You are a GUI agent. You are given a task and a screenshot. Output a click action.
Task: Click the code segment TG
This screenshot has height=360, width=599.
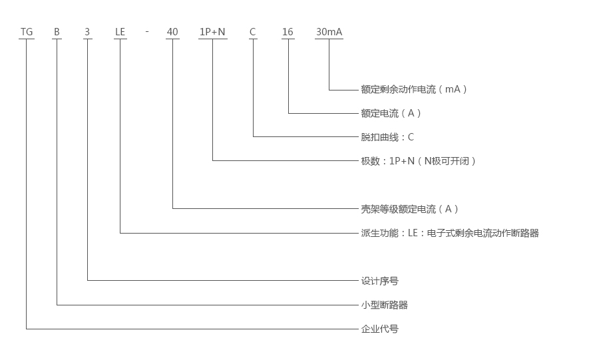click(27, 32)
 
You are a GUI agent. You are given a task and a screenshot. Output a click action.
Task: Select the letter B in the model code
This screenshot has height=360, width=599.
click(57, 32)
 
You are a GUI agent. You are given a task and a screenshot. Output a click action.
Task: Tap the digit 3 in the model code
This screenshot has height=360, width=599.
click(87, 32)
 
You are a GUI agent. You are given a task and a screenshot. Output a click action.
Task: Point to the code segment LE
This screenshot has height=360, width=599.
click(120, 32)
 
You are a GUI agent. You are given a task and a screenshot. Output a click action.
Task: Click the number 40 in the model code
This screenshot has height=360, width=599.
click(172, 32)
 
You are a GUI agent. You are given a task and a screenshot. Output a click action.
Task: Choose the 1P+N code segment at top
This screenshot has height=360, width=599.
click(212, 32)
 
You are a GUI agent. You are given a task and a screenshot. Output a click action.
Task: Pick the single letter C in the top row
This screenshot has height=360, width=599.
click(253, 32)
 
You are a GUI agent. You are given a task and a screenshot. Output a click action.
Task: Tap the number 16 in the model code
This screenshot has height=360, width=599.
click(288, 32)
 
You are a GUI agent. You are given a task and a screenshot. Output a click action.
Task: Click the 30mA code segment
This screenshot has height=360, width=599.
click(329, 32)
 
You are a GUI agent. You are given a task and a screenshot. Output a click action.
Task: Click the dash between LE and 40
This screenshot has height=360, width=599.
click(146, 33)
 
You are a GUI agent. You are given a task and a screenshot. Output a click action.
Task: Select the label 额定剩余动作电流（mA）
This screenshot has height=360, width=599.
click(414, 89)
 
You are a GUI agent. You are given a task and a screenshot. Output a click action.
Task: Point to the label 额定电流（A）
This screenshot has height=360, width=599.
click(391, 113)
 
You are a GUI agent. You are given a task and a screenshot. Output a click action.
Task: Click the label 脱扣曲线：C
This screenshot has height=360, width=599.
click(387, 137)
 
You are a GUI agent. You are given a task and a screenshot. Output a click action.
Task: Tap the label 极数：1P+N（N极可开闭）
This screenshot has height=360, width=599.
click(419, 161)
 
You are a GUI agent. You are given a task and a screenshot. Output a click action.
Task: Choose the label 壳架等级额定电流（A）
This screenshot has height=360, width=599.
click(410, 209)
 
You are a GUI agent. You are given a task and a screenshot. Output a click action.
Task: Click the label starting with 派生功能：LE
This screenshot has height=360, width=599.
click(449, 233)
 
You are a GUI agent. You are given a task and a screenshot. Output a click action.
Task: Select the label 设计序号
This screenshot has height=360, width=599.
click(379, 281)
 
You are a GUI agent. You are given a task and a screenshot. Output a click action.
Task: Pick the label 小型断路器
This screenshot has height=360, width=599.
click(384, 305)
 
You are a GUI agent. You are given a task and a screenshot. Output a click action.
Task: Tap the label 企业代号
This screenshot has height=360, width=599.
click(379, 329)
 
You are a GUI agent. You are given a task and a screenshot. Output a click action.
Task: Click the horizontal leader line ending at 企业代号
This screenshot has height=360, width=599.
click(193, 329)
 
